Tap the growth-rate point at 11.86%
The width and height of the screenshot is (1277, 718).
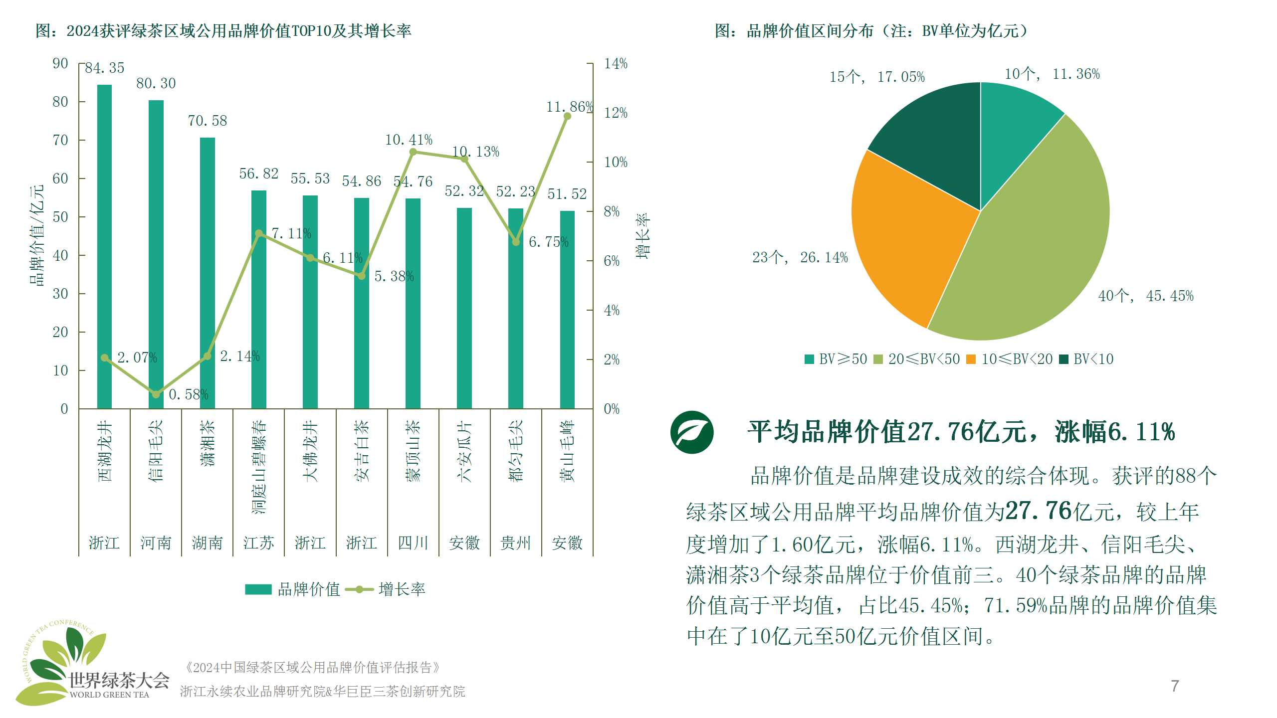567,116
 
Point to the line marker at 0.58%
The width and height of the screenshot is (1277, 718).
156,394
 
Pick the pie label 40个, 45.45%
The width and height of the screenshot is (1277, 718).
1145,296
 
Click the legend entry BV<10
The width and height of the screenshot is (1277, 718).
1087,359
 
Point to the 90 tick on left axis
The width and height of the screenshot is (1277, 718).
60,63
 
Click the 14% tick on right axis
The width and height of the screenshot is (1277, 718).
616,63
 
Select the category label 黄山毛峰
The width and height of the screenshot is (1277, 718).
567,451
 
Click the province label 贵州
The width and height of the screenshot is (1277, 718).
515,542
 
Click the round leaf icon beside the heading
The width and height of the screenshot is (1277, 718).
692,432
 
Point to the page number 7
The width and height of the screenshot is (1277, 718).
1175,686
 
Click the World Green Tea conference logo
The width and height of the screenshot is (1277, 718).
90,663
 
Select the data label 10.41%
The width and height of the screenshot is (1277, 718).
409,140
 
